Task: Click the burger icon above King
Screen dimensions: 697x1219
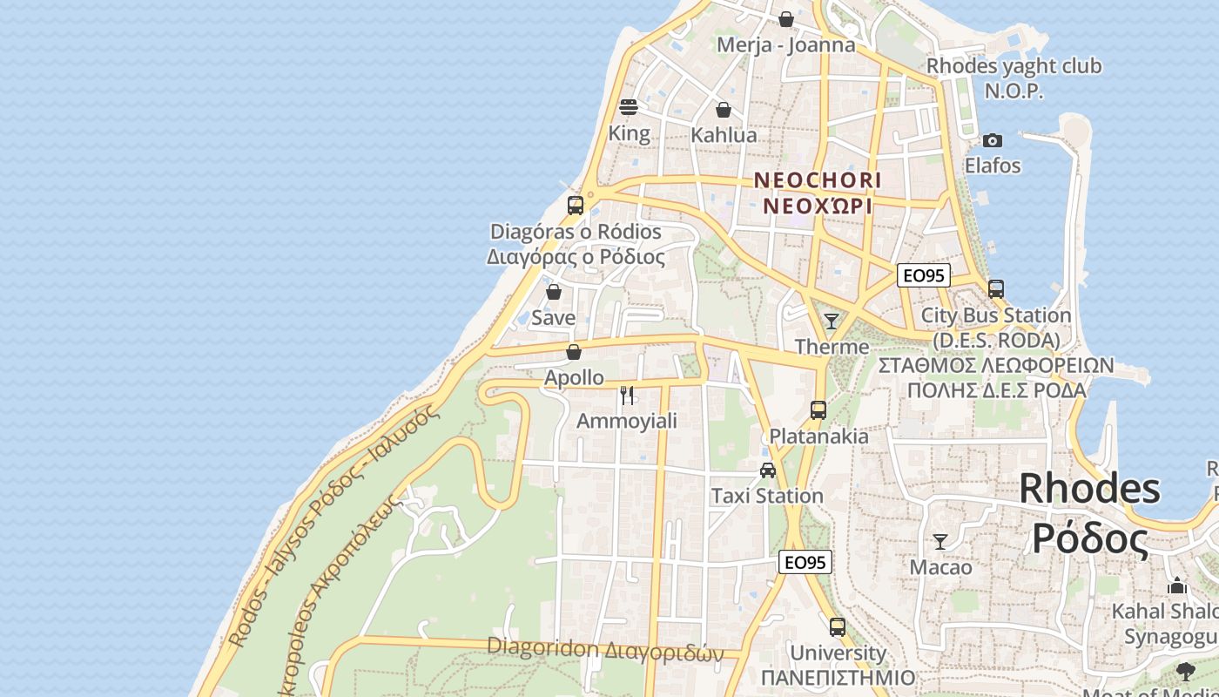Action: pyautogui.click(x=629, y=107)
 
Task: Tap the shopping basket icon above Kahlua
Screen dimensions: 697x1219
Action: pyautogui.click(x=723, y=110)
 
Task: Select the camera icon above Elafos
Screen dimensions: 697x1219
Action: pyautogui.click(x=992, y=140)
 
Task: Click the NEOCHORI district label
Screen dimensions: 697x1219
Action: pyautogui.click(x=817, y=180)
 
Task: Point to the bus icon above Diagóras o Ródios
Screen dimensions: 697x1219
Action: pyautogui.click(x=575, y=206)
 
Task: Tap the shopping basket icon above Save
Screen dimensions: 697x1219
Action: pyautogui.click(x=553, y=292)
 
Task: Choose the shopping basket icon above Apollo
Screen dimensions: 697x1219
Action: pyautogui.click(x=573, y=352)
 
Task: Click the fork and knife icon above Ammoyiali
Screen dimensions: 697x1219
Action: pyautogui.click(x=627, y=396)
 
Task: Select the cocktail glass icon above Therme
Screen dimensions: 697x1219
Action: pyautogui.click(x=832, y=321)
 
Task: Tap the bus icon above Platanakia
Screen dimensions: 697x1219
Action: pyautogui.click(x=818, y=410)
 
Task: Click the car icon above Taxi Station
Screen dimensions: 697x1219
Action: pyautogui.click(x=767, y=470)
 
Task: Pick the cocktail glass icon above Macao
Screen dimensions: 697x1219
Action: pyautogui.click(x=940, y=542)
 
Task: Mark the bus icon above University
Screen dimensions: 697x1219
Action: pyautogui.click(x=837, y=627)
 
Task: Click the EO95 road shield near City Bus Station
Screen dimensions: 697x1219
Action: pyautogui.click(x=923, y=275)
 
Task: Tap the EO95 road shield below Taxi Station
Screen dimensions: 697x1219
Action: pyautogui.click(x=805, y=562)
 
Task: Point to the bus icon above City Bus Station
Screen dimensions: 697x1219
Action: pyautogui.click(x=995, y=289)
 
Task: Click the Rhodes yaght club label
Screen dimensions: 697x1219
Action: pyautogui.click(x=1014, y=66)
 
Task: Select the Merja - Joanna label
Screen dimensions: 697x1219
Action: pyautogui.click(x=785, y=44)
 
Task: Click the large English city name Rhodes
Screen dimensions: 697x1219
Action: pyautogui.click(x=1089, y=488)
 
